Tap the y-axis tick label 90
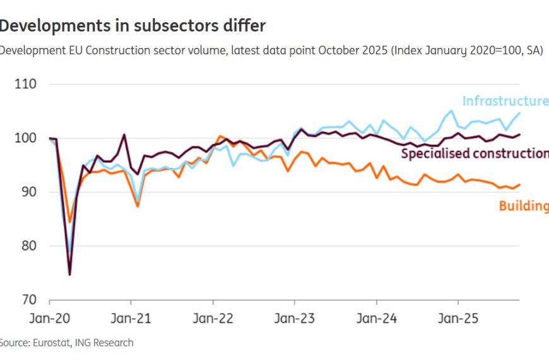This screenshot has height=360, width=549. pyautogui.click(x=28, y=192)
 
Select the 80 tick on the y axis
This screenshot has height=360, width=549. pyautogui.click(x=28, y=246)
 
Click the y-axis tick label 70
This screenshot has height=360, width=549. pyautogui.click(x=28, y=299)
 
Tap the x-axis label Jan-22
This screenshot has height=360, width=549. pyautogui.click(x=213, y=319)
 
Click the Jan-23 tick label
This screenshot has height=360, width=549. pyautogui.click(x=294, y=319)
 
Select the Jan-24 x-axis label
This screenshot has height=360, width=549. pyautogui.click(x=376, y=319)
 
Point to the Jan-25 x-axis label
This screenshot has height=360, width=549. pyautogui.click(x=458, y=319)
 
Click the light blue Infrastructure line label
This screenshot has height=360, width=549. pyautogui.click(x=505, y=101)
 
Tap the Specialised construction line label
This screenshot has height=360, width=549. pyautogui.click(x=475, y=153)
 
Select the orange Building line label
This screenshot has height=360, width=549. pyautogui.click(x=523, y=205)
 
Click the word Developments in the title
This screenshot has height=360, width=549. pyautogui.click(x=45, y=25)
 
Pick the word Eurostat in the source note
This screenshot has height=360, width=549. pyautogui.click(x=52, y=343)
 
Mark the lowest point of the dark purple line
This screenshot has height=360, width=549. pyautogui.click(x=69, y=274)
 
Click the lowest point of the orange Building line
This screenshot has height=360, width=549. pyautogui.click(x=69, y=222)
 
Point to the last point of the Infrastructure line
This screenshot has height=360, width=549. pyautogui.click(x=519, y=112)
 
